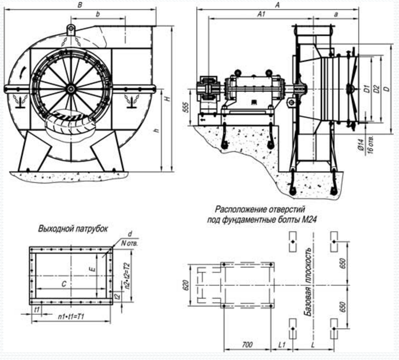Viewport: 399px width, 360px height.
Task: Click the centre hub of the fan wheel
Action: tap(71, 88)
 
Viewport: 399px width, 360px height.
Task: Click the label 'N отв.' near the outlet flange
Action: tap(130, 243)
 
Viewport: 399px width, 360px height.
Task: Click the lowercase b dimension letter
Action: tap(98, 15)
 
